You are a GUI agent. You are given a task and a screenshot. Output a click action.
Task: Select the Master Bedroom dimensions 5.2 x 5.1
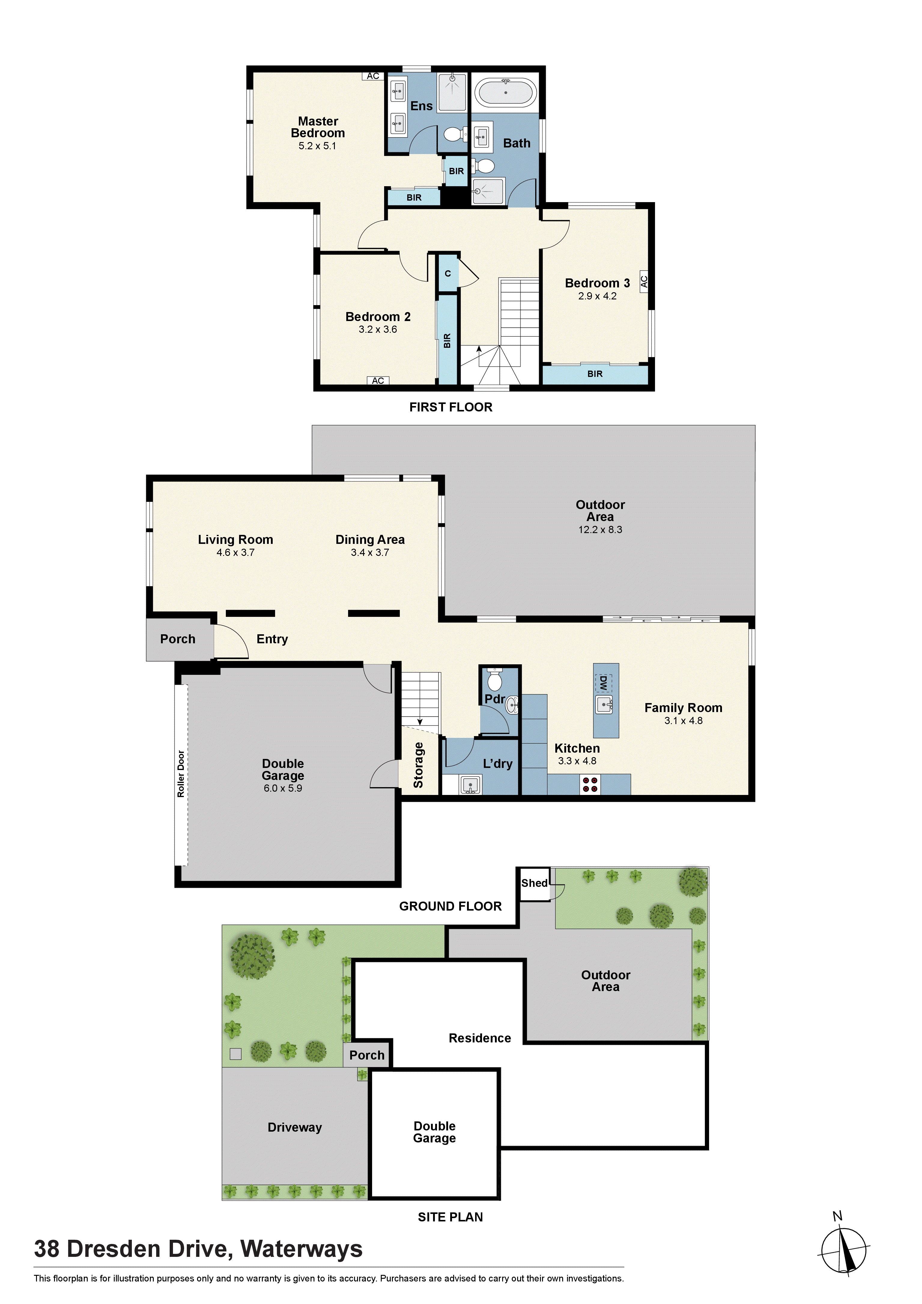tap(317, 146)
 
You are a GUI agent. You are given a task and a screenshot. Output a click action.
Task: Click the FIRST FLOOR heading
tap(450, 407)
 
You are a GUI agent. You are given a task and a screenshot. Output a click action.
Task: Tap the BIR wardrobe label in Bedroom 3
tap(595, 374)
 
